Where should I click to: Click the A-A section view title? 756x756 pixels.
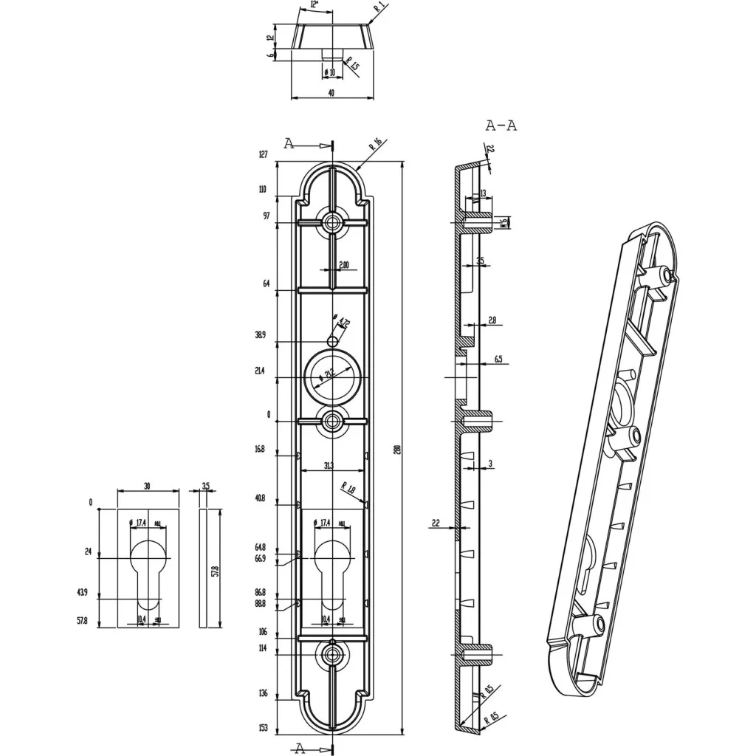tap(501, 126)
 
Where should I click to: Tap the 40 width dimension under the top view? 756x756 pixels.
tap(331, 93)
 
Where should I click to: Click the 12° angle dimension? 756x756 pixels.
tap(315, 5)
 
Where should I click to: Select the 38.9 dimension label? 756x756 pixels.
tap(260, 335)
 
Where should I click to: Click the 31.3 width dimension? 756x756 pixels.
tap(332, 465)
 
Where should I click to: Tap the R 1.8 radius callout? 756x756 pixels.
tap(348, 487)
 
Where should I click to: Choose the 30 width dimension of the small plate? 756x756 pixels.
tap(148, 487)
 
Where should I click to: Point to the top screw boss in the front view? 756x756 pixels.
tap(332, 222)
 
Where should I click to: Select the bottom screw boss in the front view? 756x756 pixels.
tap(332, 653)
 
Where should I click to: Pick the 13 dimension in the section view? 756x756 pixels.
tap(482, 193)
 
